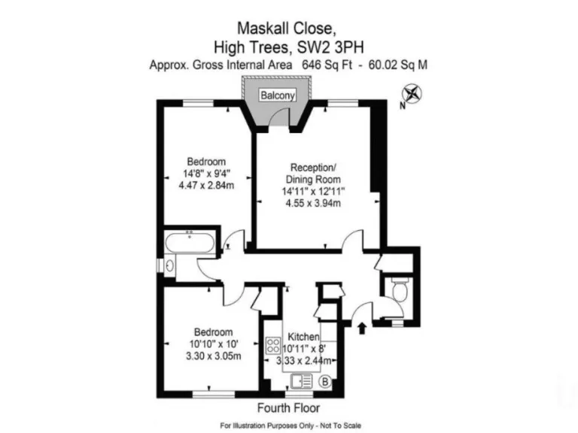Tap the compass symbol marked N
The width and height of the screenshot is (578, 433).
413,95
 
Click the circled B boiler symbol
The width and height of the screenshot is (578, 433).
324,382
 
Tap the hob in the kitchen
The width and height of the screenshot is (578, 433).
272,347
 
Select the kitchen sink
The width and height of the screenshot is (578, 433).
299,380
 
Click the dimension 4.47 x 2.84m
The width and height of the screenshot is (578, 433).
205,186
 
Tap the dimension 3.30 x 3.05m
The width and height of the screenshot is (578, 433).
214,356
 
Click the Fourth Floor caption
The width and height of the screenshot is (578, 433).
288,408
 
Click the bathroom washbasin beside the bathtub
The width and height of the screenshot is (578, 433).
170,264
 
